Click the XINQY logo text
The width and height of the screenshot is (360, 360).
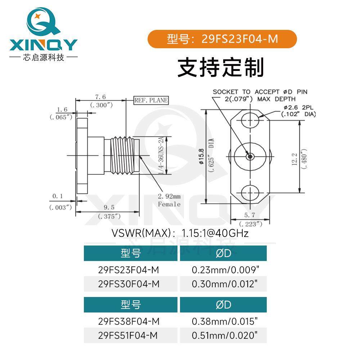pyautogui.click(x=43, y=45)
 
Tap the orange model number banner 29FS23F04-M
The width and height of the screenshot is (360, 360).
pyautogui.click(x=222, y=39)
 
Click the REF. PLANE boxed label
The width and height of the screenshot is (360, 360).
pyautogui.click(x=151, y=100)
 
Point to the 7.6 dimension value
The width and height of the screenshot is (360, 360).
pyautogui.click(x=100, y=97)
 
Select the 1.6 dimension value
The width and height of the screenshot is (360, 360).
pyautogui.click(x=62, y=109)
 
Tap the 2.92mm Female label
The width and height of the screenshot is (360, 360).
pyautogui.click(x=169, y=201)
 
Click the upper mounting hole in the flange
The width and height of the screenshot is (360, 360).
pyautogui.click(x=251, y=120)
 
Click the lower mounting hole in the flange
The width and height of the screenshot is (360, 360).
pyautogui.click(x=251, y=192)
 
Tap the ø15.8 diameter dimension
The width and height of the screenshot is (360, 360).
pyautogui.click(x=202, y=157)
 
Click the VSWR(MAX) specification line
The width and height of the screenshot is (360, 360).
pyautogui.click(x=180, y=233)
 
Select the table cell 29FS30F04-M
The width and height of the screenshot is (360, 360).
pyautogui.click(x=129, y=284)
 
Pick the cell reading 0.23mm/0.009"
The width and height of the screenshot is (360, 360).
pyautogui.click(x=225, y=270)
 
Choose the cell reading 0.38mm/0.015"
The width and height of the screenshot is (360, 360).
pyautogui.click(x=225, y=321)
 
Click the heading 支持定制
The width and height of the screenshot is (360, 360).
pyautogui.click(x=221, y=67)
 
